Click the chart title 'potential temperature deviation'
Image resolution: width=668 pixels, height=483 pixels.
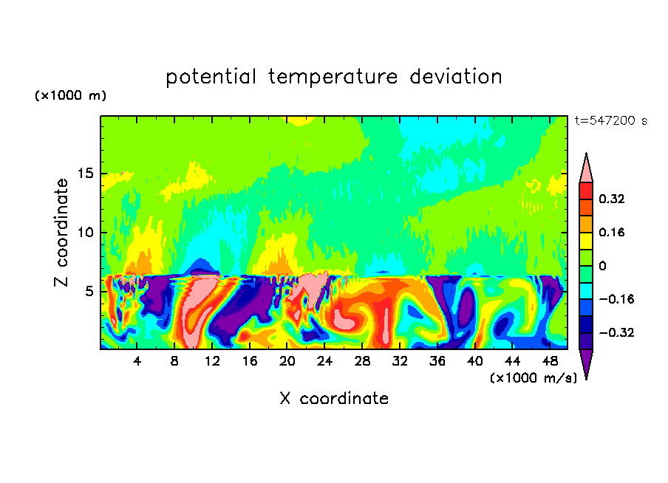[333, 77]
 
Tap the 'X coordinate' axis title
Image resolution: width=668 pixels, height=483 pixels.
[333, 399]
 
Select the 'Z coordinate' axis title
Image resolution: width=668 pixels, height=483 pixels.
[61, 233]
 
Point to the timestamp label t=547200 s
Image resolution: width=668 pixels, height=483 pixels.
[610, 120]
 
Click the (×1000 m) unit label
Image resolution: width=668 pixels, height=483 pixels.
[70, 96]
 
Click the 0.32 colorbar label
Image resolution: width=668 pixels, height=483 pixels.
[613, 199]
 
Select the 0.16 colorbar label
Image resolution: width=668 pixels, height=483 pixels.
[613, 232]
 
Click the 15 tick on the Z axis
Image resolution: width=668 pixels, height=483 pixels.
[89, 174]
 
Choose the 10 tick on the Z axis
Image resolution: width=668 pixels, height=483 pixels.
[89, 233]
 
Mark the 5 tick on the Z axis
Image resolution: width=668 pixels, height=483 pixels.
[92, 292]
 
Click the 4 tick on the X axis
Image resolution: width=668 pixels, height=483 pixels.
[137, 361]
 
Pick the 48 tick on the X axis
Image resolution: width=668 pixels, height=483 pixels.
[549, 361]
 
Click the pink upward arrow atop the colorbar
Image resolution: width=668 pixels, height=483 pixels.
[586, 168]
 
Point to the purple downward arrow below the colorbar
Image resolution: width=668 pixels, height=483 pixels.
[586, 363]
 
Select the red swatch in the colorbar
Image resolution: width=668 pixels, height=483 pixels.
[586, 191]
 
